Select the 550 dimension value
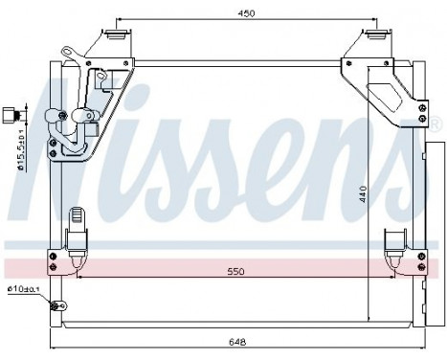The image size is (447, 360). (235, 272)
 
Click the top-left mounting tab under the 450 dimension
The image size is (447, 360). (115, 36)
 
